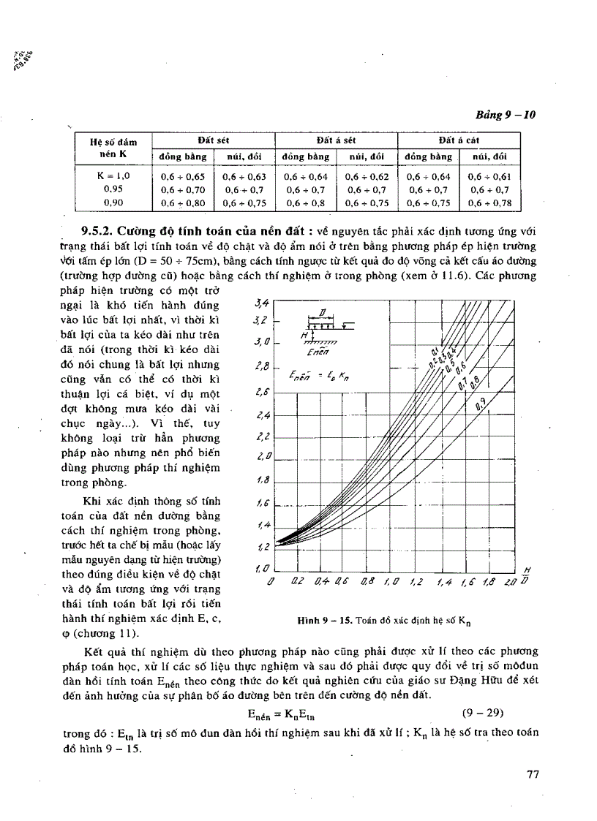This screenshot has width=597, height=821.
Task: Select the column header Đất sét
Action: (x=214, y=139)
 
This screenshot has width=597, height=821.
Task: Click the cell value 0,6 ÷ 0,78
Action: (x=489, y=203)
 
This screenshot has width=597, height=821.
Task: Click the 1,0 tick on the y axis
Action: (x=262, y=567)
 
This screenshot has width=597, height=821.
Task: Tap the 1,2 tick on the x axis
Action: (x=416, y=583)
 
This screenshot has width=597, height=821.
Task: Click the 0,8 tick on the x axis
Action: (x=367, y=583)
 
